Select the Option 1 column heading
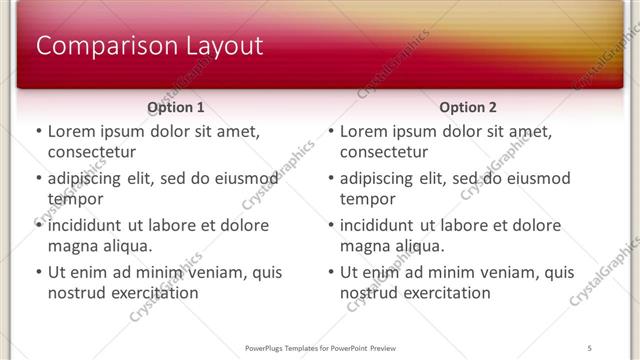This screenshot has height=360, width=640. click(x=175, y=107)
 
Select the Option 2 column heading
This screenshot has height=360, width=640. click(x=467, y=107)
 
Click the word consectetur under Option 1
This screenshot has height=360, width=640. click(x=91, y=152)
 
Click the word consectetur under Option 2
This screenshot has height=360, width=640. click(x=383, y=152)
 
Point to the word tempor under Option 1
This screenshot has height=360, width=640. click(x=75, y=199)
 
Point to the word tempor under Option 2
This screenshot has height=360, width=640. click(x=367, y=199)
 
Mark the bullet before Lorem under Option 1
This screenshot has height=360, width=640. click(x=38, y=131)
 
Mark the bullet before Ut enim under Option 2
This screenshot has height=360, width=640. click(x=330, y=272)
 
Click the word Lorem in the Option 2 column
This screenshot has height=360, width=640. click(x=365, y=131)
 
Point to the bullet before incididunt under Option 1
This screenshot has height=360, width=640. click(x=38, y=225)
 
